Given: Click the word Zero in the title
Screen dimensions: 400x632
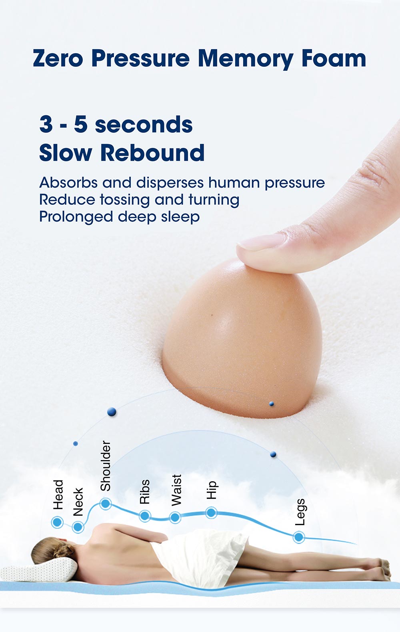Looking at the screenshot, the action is coord(58,58).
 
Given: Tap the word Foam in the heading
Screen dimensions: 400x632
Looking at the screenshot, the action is coord(334,58).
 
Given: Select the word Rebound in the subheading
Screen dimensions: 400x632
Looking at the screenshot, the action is coord(152,153).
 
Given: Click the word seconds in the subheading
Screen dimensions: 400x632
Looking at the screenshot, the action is coord(144,124).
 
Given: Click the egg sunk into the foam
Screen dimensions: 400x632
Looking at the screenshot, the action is coord(242,338).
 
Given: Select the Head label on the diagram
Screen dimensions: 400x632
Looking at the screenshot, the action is coord(58,494).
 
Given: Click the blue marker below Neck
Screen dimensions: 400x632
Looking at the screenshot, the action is coord(78,527).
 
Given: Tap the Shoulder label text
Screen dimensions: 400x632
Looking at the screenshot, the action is coord(106,466).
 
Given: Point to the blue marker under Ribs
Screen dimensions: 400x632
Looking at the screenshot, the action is coord(145,516).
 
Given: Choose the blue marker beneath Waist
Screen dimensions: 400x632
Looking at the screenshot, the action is coord(175,518).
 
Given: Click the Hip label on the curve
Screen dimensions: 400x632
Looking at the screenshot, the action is coord(212,490).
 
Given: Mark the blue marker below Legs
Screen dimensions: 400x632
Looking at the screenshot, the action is coord(299,537).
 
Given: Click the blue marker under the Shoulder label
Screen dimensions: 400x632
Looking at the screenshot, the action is coord(106,504).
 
